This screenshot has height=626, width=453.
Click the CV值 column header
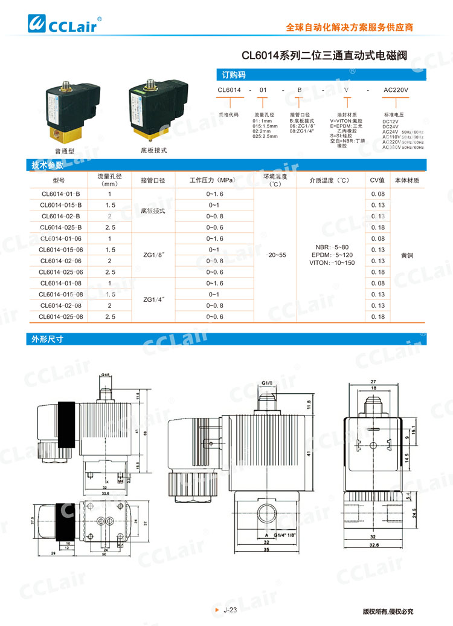click(x=377, y=180)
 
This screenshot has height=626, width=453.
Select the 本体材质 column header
click(x=408, y=180)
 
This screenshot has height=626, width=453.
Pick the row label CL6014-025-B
click(x=60, y=227)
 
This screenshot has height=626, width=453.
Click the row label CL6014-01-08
click(x=60, y=283)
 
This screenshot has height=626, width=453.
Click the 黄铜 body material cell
click(x=408, y=255)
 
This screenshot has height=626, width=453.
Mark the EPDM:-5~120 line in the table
click(x=330, y=255)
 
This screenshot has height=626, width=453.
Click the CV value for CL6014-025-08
click(x=377, y=316)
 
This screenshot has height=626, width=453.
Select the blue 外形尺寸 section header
click(x=47, y=339)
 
